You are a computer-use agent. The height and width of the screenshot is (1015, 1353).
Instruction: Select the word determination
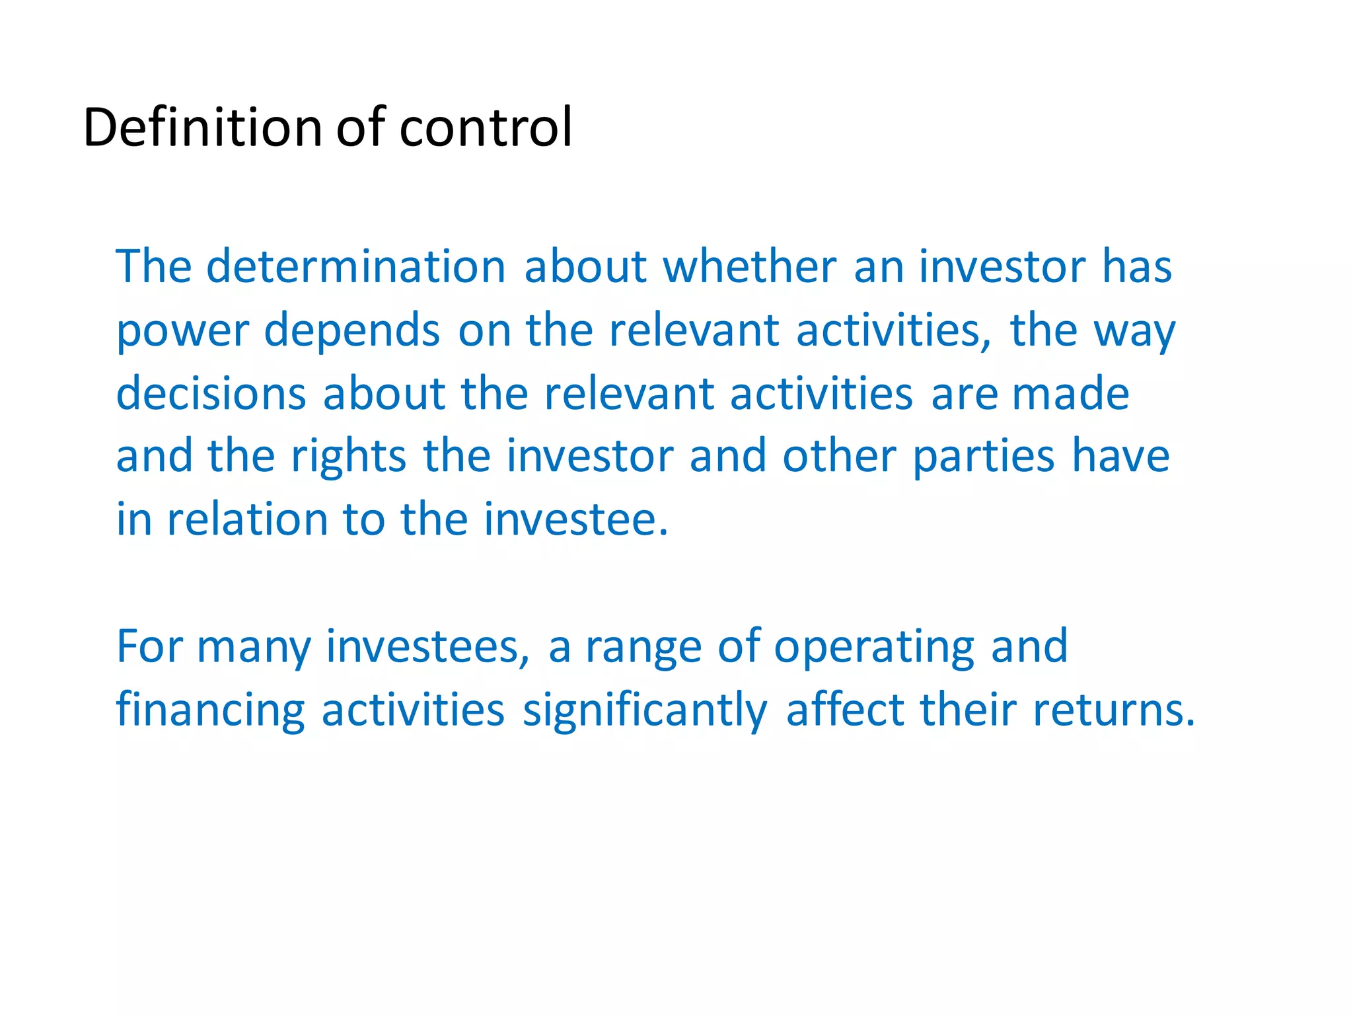point(356,267)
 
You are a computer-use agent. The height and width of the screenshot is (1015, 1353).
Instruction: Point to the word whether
point(750,267)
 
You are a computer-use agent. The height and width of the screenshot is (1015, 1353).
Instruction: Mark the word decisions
point(211,394)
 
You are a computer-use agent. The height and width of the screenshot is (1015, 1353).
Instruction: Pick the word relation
point(247,520)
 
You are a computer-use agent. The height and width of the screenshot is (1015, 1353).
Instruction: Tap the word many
point(254,648)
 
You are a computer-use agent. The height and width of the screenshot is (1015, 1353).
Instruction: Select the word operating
point(873,648)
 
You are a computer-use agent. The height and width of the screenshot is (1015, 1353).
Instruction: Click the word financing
point(211,710)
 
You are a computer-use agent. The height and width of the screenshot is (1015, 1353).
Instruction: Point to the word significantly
point(645,710)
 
